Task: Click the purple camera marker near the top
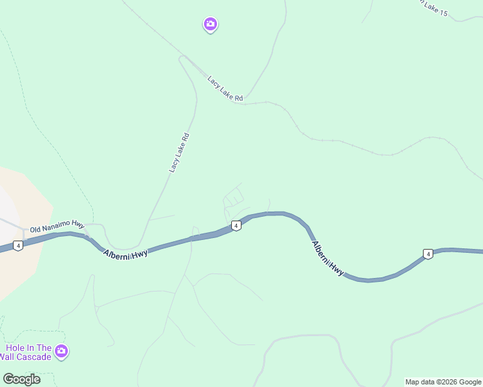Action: click(210, 25)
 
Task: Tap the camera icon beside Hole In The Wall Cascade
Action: click(61, 352)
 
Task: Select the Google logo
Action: click(21, 379)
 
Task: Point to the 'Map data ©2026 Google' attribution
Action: click(443, 382)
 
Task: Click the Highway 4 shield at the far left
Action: click(18, 246)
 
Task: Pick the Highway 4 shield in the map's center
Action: click(236, 226)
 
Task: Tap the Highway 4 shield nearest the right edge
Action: click(427, 254)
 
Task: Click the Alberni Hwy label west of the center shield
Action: click(125, 253)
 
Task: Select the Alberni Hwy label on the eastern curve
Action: click(328, 259)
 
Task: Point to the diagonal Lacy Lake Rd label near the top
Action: click(225, 89)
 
